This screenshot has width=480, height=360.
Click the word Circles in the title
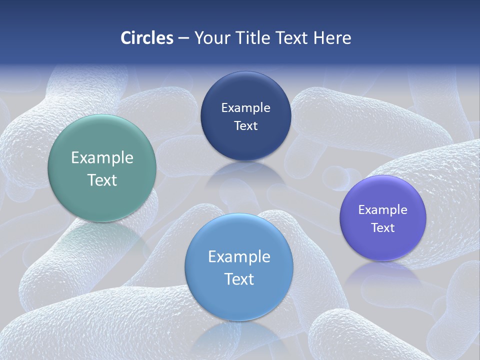(147, 38)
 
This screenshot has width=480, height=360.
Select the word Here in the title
(332, 38)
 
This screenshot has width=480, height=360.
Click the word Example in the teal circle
(102, 158)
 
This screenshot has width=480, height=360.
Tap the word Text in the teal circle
(102, 180)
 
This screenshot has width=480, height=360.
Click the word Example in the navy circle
(245, 108)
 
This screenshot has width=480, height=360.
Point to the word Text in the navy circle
(245, 125)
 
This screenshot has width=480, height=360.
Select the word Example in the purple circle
(383, 210)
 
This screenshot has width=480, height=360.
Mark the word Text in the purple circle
(383, 227)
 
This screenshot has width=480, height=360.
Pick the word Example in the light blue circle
(239, 257)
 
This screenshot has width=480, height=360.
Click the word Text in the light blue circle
(239, 279)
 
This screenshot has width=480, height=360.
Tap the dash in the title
(183, 38)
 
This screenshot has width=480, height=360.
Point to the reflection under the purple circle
(382, 272)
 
